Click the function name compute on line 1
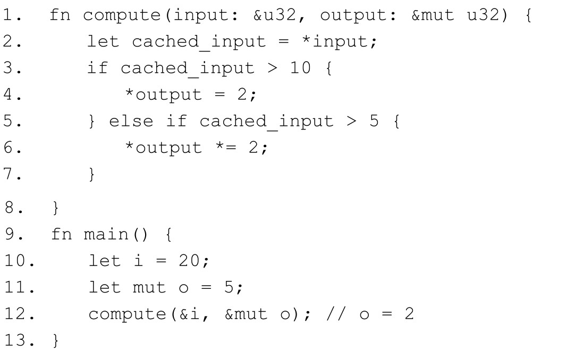pyautogui.click(x=122, y=15)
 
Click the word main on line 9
pyautogui.click(x=105, y=234)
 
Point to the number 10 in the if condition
pyautogui.click(x=300, y=68)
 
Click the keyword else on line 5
pyautogui.click(x=131, y=121)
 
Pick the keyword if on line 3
pyautogui.click(x=98, y=68)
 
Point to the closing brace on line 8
pyautogui.click(x=56, y=207)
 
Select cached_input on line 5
pyautogui.click(x=266, y=121)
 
